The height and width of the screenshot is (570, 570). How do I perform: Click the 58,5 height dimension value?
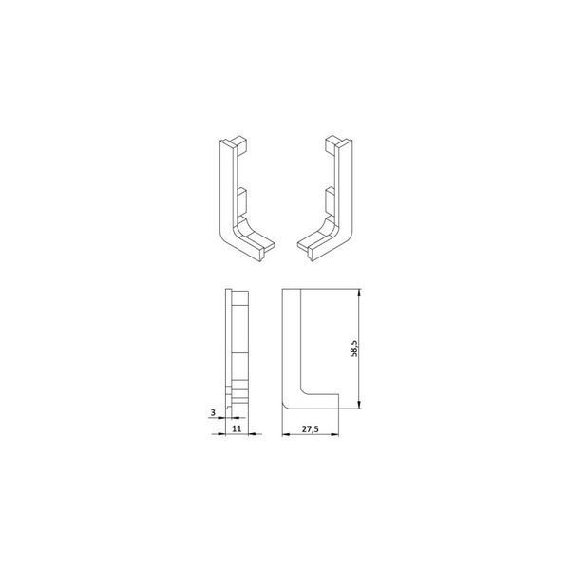[354, 349]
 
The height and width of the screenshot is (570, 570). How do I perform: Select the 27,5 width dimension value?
[310, 429]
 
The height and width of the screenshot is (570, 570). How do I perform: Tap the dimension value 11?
[237, 428]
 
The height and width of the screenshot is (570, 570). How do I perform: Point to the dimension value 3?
[213, 412]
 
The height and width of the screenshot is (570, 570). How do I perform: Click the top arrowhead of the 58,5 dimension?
[359, 293]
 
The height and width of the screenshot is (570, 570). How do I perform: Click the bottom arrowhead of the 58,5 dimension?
[359, 405]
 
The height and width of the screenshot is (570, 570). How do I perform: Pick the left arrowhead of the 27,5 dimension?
[287, 434]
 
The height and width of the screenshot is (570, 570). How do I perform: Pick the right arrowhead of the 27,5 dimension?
[334, 434]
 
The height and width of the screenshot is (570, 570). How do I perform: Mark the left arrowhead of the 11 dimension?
[221, 434]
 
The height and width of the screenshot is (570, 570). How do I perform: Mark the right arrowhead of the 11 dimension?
[253, 434]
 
